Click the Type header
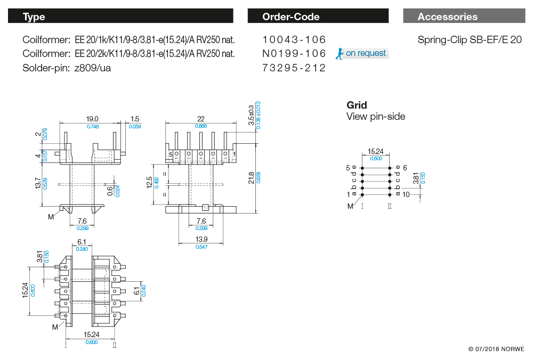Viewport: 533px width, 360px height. tap(34, 17)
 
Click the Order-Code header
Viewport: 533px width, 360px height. tap(290, 17)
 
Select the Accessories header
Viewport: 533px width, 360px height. tap(447, 17)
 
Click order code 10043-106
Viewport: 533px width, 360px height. tap(294, 40)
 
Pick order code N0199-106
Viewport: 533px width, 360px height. tap(294, 54)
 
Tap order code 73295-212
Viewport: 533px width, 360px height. tap(294, 68)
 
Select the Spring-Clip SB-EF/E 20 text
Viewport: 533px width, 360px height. tap(470, 40)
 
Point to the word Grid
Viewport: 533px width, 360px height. tap(357, 105)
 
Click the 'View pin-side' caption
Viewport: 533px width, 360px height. tap(376, 117)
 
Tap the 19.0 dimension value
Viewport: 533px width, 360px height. tap(92, 119)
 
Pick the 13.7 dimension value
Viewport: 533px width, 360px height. tap(38, 183)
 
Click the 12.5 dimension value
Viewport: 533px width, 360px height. tap(149, 182)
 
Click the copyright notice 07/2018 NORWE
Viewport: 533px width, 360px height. tap(496, 349)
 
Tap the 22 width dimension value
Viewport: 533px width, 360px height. tap(201, 119)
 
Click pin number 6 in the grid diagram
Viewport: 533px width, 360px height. tap(405, 168)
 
